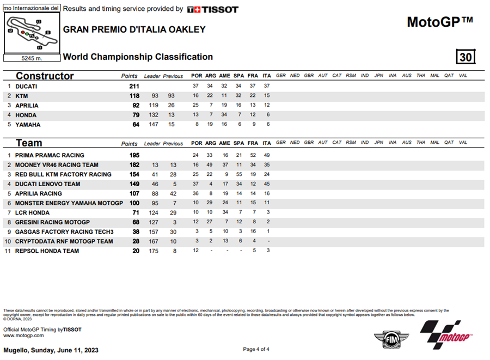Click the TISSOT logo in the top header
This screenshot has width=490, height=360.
pos(212,9)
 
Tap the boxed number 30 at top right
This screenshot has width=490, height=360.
pos(465,57)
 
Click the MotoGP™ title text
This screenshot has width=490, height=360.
pos(440,22)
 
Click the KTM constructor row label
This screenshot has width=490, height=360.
pos(22,96)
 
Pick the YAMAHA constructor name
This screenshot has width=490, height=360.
pos(28,125)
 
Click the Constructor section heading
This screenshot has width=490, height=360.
pos(45,76)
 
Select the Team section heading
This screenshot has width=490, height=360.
pos(29,143)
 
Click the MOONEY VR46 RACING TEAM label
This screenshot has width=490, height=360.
pos(57,165)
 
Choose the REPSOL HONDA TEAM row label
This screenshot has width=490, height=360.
pos(47,251)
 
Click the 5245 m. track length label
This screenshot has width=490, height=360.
pos(31,58)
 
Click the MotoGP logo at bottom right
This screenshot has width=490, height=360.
pos(444,334)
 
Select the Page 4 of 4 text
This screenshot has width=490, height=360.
pos(256,349)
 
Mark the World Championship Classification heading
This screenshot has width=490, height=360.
pos(138,57)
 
